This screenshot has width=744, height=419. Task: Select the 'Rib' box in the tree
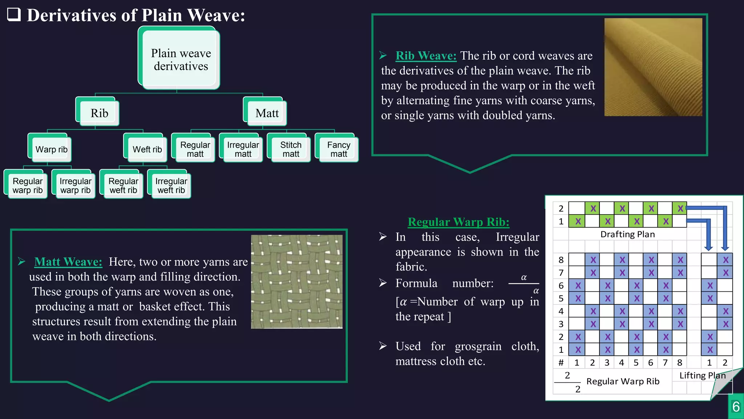click(x=99, y=113)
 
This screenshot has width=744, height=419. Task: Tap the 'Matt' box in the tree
click(x=267, y=113)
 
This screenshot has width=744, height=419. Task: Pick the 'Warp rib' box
click(x=51, y=149)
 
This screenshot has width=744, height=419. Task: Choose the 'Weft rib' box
click(x=147, y=149)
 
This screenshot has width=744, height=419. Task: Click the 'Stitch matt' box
click(x=291, y=149)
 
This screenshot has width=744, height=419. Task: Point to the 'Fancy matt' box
click(x=339, y=149)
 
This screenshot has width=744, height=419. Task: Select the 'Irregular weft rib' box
click(x=171, y=185)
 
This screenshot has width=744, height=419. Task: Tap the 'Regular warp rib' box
click(x=28, y=185)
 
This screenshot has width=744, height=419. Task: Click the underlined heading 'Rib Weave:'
click(x=426, y=56)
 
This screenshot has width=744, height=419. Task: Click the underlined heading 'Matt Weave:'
click(x=68, y=262)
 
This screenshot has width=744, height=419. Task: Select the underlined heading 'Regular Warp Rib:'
click(x=458, y=222)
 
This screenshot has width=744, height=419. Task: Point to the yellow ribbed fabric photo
click(x=653, y=67)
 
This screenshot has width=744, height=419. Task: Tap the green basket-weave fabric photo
click(x=296, y=282)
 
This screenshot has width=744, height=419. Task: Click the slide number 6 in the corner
click(x=736, y=407)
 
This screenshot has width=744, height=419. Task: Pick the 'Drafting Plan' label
click(x=627, y=234)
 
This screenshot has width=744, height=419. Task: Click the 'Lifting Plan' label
click(x=702, y=375)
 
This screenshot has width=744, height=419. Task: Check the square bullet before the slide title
click(x=14, y=15)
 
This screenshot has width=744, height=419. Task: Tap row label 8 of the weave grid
click(x=561, y=260)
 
